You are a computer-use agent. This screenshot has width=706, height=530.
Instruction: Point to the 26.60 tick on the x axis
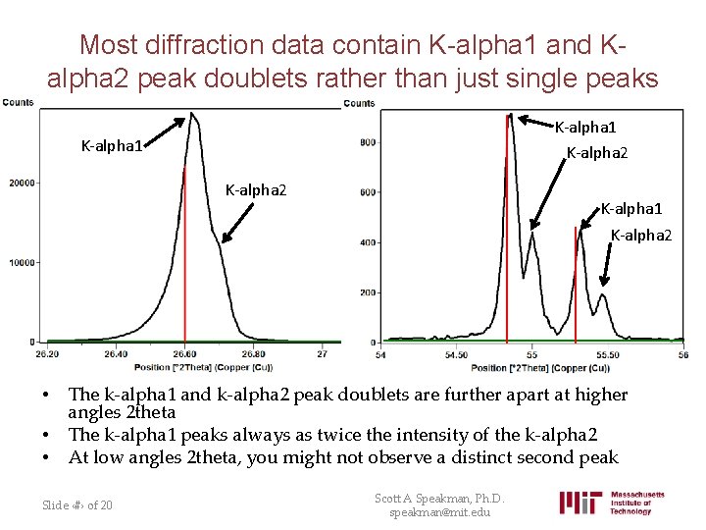pyautogui.click(x=184, y=353)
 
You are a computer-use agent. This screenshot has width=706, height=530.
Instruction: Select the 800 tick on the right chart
pyautogui.click(x=367, y=143)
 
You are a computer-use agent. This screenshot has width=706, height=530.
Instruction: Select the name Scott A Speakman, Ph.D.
pyautogui.click(x=439, y=499)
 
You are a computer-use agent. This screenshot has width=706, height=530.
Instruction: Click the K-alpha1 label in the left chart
pyautogui.click(x=112, y=146)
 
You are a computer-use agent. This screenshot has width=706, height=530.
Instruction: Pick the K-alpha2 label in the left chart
pyautogui.click(x=256, y=189)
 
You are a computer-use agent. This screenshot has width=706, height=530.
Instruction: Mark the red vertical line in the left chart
pyautogui.click(x=184, y=255)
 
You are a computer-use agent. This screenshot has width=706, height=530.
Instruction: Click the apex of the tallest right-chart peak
pyautogui.click(x=510, y=116)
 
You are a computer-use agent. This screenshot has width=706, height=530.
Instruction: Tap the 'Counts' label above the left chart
pyautogui.click(x=18, y=102)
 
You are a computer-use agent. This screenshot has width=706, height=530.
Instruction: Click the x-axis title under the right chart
pyautogui.click(x=539, y=368)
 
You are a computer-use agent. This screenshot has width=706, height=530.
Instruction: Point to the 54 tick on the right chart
pyautogui.click(x=381, y=354)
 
